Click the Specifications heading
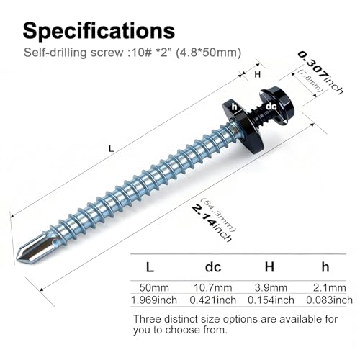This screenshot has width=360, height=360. (x=99, y=31)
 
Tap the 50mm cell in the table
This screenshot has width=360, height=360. (x=154, y=287)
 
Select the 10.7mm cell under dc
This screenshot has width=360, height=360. (x=213, y=287)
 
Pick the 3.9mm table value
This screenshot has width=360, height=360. (x=271, y=287)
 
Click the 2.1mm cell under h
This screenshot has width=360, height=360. (x=330, y=287)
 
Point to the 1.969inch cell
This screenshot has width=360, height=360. (x=154, y=300)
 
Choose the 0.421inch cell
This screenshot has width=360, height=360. (x=213, y=300)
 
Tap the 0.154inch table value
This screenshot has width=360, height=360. (x=271, y=300)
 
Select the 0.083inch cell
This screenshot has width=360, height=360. (x=330, y=300)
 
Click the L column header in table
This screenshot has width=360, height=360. (x=150, y=267)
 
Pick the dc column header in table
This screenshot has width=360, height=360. (x=213, y=267)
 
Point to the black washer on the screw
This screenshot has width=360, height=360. (x=243, y=125)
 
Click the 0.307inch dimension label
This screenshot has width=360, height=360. (x=320, y=73)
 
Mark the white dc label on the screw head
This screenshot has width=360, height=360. (x=271, y=106)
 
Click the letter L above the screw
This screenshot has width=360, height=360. (x=111, y=149)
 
